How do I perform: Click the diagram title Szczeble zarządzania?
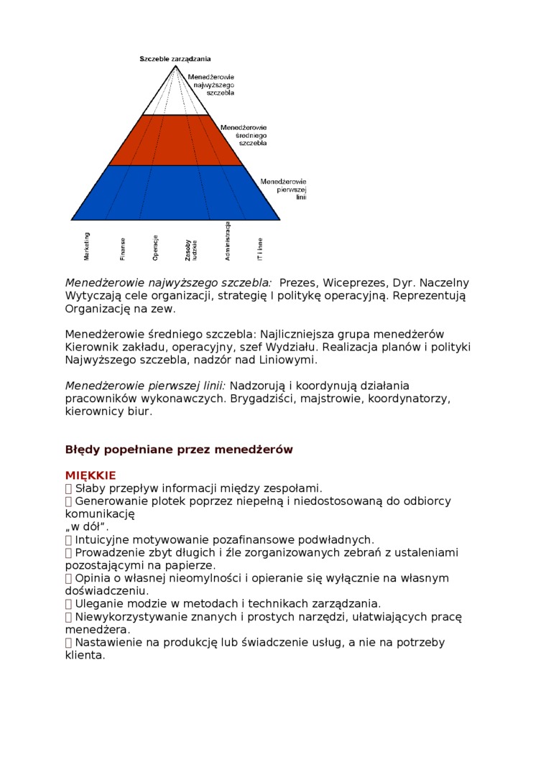(x=175, y=59)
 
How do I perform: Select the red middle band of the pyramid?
(x=175, y=141)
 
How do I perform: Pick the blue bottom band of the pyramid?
(x=175, y=192)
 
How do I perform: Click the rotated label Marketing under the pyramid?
(x=87, y=246)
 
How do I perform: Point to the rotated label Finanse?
(x=123, y=248)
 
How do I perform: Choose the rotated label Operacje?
(x=155, y=247)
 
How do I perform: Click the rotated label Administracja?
(x=227, y=241)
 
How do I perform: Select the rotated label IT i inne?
(x=260, y=248)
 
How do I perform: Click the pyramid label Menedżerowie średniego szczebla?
(x=244, y=135)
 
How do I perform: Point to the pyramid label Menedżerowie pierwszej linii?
(x=283, y=189)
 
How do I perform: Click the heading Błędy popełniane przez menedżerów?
(x=179, y=450)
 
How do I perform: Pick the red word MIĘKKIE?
(x=91, y=475)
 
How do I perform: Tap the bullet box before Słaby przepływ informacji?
(x=68, y=488)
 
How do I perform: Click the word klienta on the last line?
(x=85, y=655)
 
